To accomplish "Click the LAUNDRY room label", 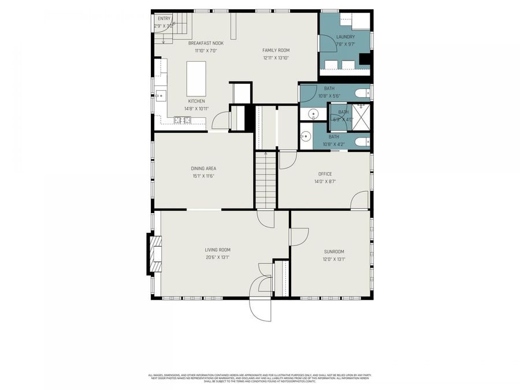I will [346, 37].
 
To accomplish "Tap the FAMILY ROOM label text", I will [276, 50].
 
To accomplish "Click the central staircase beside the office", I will [266, 180].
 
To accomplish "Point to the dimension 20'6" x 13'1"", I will [217, 258].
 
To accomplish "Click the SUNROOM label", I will [334, 251].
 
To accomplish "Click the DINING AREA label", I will [203, 169].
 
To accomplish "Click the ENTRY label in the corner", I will [164, 18].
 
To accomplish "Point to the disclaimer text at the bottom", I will [260, 377].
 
